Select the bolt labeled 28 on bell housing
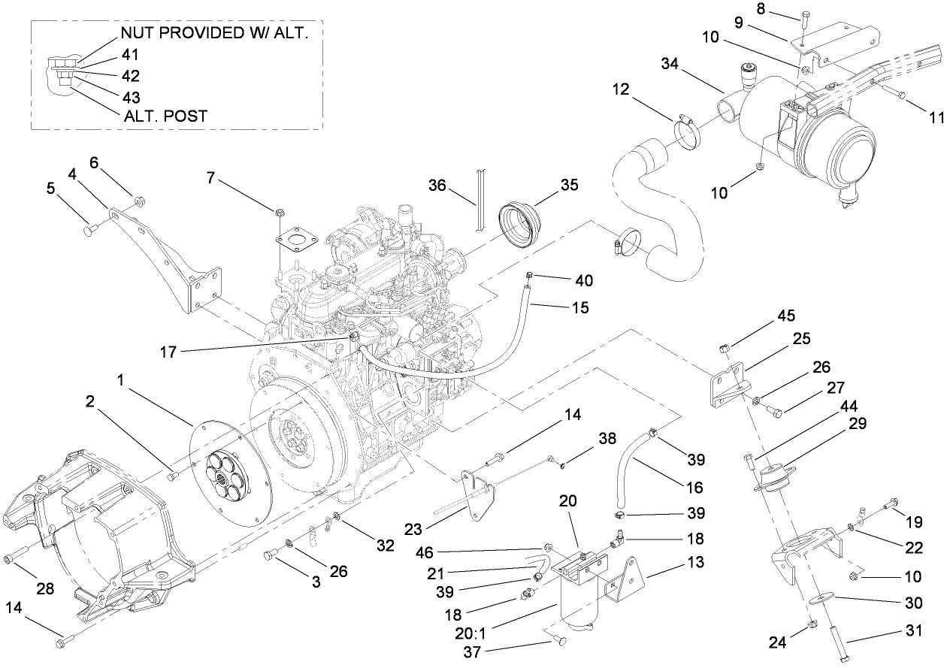coord(11,558)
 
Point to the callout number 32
coord(385,546)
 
